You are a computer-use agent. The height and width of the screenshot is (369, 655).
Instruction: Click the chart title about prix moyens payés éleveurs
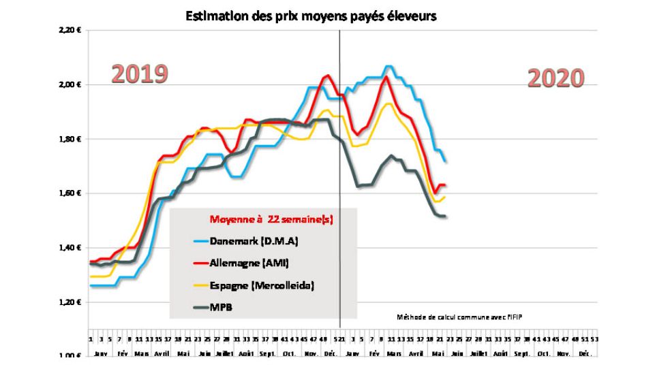coord(310,17)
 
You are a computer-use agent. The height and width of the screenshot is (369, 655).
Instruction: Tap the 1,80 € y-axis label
coord(71,140)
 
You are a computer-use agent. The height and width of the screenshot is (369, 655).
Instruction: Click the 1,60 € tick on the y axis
coord(71,193)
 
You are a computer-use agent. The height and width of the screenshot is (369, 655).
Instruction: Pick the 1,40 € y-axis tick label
coord(71,248)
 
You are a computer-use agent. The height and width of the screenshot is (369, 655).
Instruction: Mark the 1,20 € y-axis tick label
coord(71,302)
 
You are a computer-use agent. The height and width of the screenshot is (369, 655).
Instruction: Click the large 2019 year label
coord(140,74)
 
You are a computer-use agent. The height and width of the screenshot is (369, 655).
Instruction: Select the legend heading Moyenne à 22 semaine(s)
coord(271,219)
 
